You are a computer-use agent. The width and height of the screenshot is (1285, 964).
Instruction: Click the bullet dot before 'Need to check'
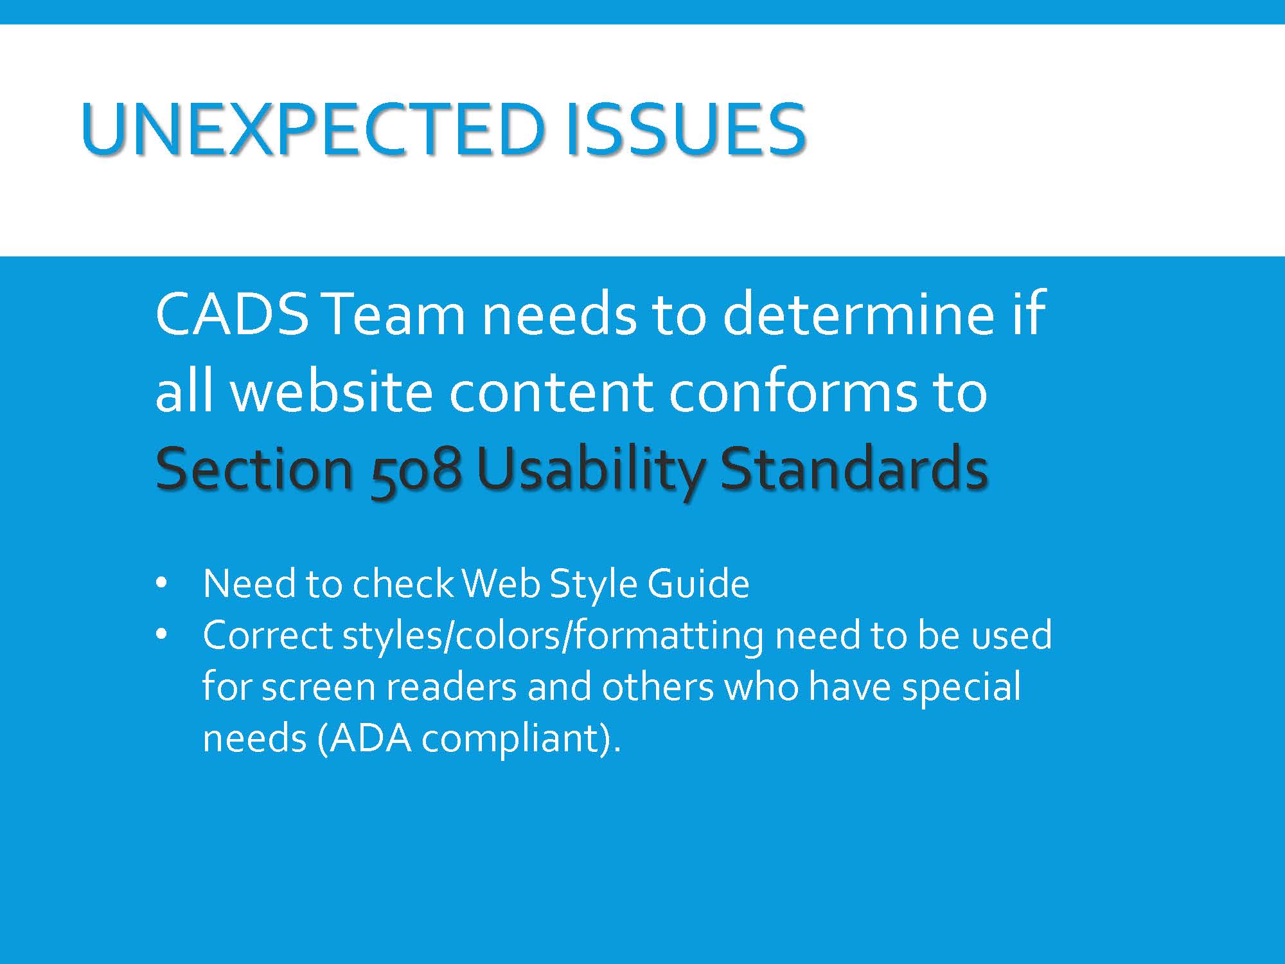click(x=161, y=584)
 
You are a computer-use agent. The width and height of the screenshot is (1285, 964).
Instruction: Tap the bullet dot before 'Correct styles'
click(x=161, y=635)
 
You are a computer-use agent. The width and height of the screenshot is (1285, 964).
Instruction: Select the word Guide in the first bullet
click(x=698, y=583)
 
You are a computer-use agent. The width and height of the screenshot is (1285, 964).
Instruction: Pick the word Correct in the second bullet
click(x=267, y=634)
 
